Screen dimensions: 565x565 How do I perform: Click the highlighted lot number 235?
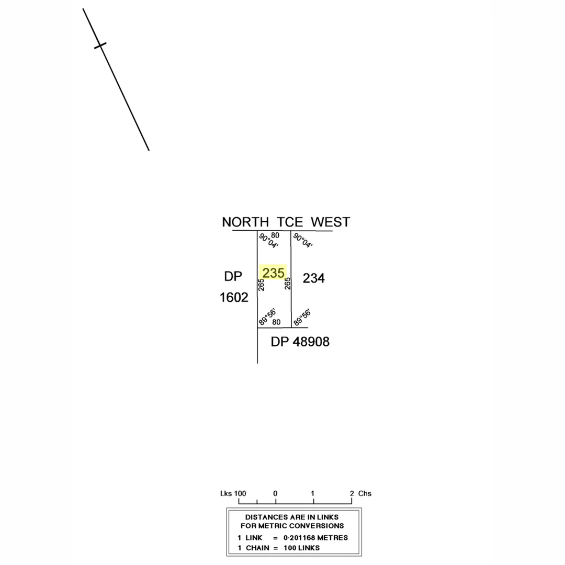(x=273, y=273)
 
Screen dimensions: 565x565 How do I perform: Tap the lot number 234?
(x=313, y=278)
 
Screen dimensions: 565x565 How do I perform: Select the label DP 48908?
(x=300, y=342)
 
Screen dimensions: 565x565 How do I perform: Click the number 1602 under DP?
(x=233, y=298)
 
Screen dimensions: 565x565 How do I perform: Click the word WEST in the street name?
(x=330, y=222)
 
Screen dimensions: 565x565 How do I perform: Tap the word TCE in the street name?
(x=290, y=222)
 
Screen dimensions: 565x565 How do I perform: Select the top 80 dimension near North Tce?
(x=275, y=235)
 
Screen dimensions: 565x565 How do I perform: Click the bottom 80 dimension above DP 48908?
(x=276, y=322)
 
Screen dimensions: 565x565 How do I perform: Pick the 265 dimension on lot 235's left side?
(x=261, y=284)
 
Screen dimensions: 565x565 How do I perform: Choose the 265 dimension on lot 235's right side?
(x=287, y=283)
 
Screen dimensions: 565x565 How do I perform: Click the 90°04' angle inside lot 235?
(x=268, y=241)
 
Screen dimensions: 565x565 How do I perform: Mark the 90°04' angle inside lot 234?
(x=303, y=241)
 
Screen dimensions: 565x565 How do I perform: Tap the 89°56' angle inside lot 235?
(x=267, y=317)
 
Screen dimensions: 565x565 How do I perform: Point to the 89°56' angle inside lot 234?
(x=302, y=317)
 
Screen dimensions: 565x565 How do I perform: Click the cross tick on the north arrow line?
(x=100, y=46)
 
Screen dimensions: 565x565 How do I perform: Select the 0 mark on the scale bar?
(x=275, y=493)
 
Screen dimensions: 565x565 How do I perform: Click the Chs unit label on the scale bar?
(x=365, y=493)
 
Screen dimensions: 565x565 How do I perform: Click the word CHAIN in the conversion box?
(x=257, y=548)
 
